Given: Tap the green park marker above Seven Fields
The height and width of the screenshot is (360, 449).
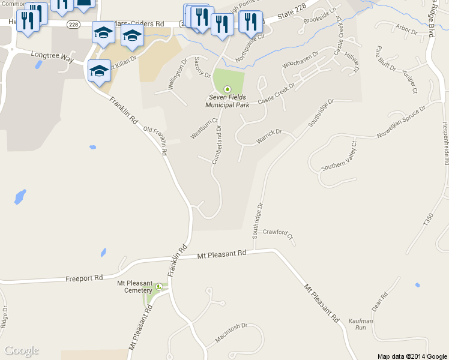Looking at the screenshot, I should [227, 89].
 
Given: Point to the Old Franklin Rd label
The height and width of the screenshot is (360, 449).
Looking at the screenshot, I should [156, 140].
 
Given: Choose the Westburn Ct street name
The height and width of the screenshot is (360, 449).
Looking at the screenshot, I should [200, 129].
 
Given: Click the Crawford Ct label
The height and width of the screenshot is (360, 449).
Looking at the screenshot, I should [278, 233].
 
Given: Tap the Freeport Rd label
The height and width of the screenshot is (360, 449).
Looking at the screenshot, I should [85, 278].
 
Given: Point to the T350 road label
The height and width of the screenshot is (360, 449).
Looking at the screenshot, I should [427, 219].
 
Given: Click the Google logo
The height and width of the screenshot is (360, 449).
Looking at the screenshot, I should [22, 350].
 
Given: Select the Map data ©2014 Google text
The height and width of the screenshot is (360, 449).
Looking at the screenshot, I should [412, 356].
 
